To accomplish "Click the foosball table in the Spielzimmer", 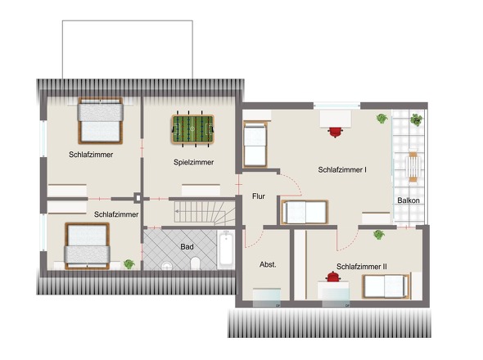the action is pyautogui.click(x=192, y=129).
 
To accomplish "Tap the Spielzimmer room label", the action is pyautogui.click(x=193, y=162).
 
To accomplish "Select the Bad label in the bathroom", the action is pyautogui.click(x=187, y=246).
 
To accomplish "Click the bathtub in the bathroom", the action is pyautogui.click(x=226, y=250).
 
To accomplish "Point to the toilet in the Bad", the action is pyautogui.click(x=196, y=263).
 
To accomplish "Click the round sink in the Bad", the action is pyautogui.click(x=167, y=265).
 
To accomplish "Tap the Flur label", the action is pyautogui.click(x=259, y=196).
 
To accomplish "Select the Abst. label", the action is pyautogui.click(x=268, y=264).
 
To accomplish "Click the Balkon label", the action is pyautogui.click(x=409, y=200).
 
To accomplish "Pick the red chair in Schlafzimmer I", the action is pyautogui.click(x=336, y=132).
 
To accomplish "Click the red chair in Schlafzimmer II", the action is pyautogui.click(x=333, y=277).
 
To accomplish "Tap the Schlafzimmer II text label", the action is pyautogui.click(x=362, y=267).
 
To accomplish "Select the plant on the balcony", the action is pyautogui.click(x=416, y=119).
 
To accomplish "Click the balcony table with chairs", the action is pyautogui.click(x=413, y=165).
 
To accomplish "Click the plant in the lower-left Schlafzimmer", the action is pyautogui.click(x=129, y=264).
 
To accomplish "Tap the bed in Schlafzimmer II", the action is pyautogui.click(x=386, y=286).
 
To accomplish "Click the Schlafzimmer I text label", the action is pyautogui.click(x=342, y=169).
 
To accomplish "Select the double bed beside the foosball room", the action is pyautogui.click(x=101, y=121).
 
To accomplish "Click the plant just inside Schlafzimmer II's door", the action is pyautogui.click(x=379, y=234).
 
